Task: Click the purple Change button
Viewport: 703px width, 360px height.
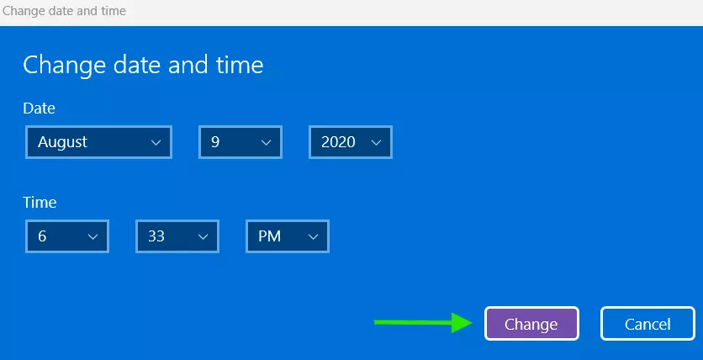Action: [531, 324]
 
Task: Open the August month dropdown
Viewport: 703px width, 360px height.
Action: [98, 142]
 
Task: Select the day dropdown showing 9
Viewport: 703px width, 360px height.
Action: [240, 142]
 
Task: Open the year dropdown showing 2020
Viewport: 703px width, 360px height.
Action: [351, 142]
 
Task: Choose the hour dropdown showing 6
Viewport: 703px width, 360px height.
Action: [66, 236]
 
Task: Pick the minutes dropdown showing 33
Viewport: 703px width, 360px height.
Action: [177, 236]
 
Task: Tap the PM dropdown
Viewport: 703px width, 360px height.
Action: [288, 236]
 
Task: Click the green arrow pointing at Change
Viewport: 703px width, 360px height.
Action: [423, 322]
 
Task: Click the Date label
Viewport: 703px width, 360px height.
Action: [39, 108]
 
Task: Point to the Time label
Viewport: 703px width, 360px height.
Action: [40, 202]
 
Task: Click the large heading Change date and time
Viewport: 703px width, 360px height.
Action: [143, 65]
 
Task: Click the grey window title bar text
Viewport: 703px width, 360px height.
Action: [64, 11]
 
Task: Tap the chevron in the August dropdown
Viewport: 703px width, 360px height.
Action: [156, 142]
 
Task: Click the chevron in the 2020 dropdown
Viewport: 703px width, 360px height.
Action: [376, 142]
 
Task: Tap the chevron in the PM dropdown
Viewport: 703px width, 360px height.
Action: [314, 236]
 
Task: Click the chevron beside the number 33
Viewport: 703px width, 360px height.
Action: [203, 236]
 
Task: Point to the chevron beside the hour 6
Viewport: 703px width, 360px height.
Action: [92, 236]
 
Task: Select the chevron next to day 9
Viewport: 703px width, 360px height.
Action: [266, 142]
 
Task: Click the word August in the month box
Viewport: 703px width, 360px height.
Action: [62, 142]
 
